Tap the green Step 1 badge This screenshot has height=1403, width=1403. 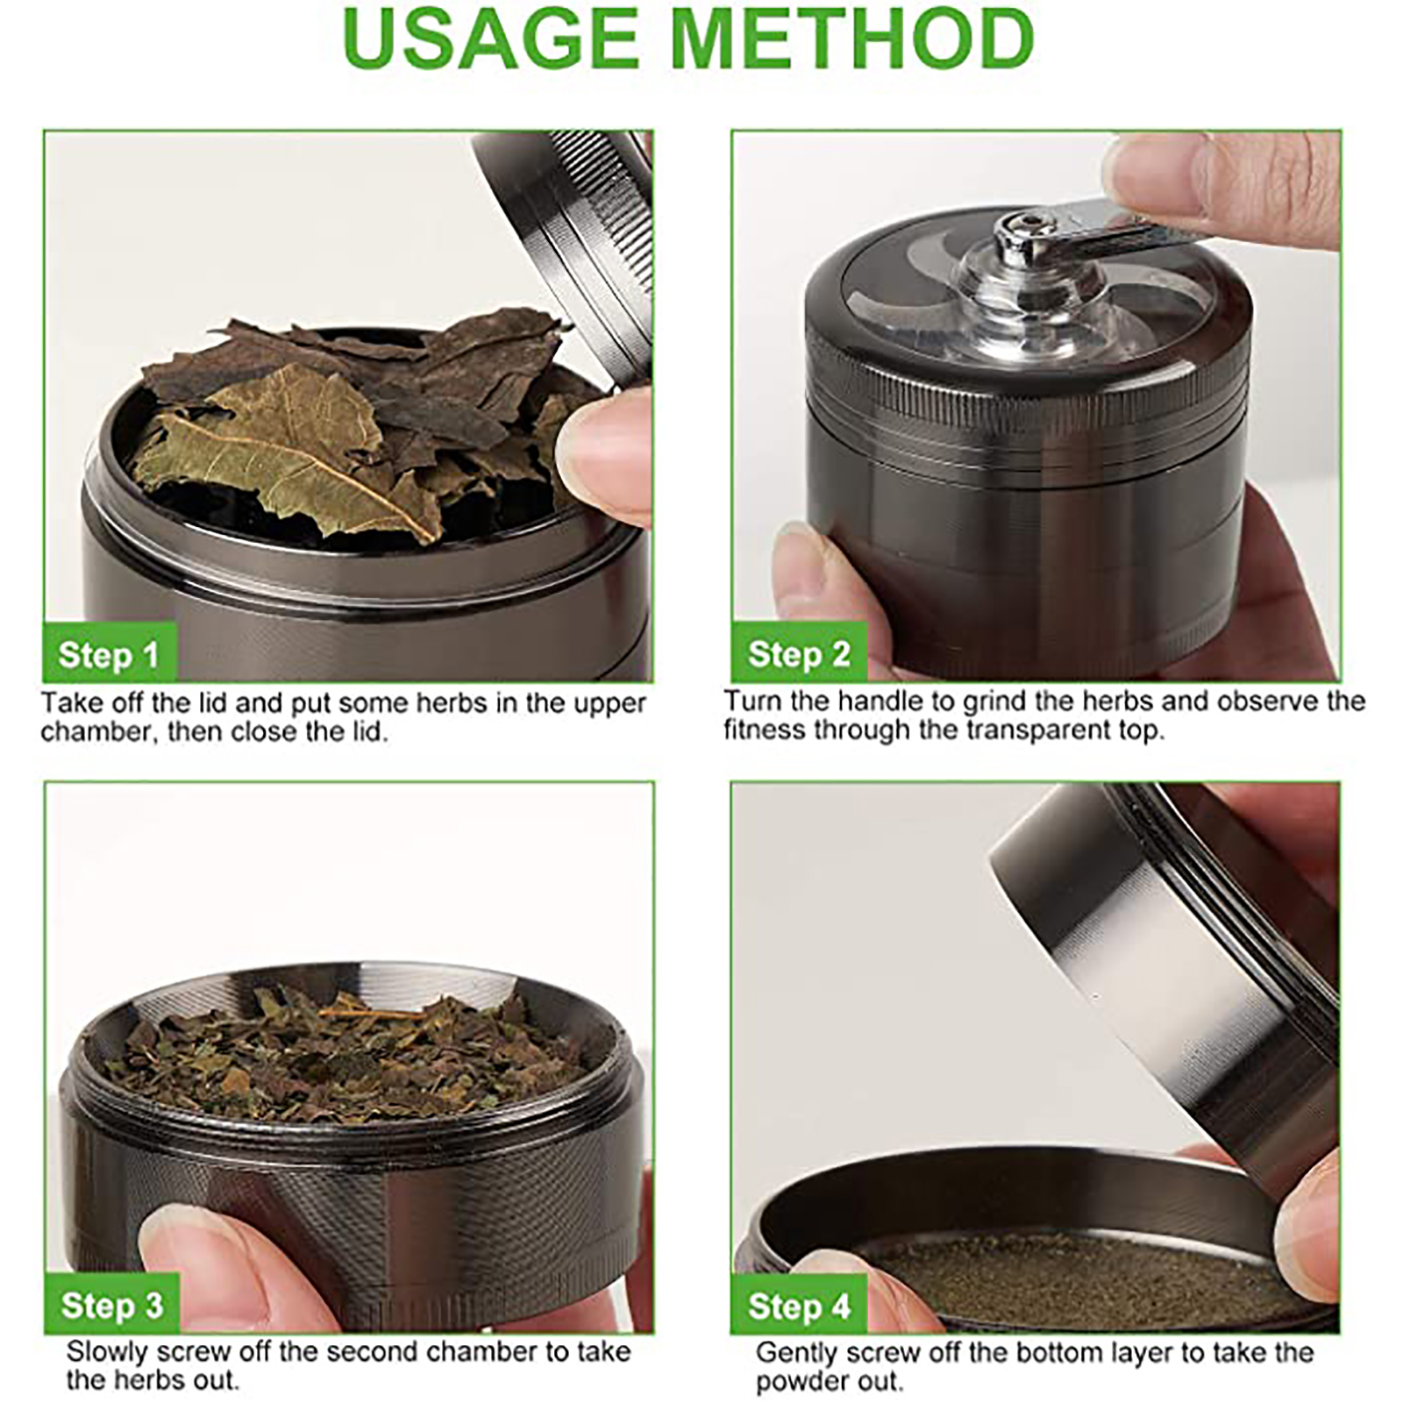[110, 654]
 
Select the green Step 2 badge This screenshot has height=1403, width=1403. [799, 653]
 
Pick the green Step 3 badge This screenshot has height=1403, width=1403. [111, 1305]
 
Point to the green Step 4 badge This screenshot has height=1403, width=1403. [799, 1306]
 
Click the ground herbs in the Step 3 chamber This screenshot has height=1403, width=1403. [351, 1052]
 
